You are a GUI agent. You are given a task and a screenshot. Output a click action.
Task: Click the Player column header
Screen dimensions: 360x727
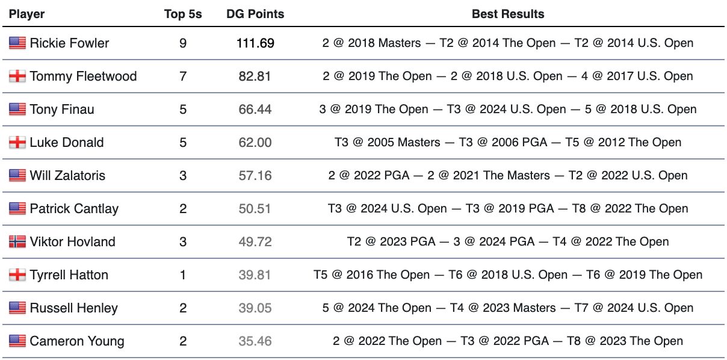[x=26, y=14]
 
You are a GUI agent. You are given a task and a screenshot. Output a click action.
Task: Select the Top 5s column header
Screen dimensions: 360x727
[x=183, y=14]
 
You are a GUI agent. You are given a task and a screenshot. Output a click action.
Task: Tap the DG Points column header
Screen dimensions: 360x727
[x=255, y=14]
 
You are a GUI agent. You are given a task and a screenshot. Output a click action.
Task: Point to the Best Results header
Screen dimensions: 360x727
[x=507, y=14]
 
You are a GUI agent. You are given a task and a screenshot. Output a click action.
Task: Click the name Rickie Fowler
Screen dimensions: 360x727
[x=69, y=43]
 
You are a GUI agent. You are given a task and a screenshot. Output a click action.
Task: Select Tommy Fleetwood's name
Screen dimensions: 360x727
[x=83, y=76]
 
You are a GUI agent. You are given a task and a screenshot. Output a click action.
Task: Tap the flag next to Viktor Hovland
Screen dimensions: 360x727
[x=17, y=241]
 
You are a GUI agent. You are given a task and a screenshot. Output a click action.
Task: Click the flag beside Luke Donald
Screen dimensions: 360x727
[x=17, y=142]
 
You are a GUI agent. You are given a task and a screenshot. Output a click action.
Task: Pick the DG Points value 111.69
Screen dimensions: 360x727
[x=255, y=43]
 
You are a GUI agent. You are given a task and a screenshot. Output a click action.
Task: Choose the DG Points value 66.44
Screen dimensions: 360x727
[x=255, y=109]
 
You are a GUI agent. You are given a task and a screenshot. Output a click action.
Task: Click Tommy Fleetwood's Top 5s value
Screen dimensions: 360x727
[x=183, y=76]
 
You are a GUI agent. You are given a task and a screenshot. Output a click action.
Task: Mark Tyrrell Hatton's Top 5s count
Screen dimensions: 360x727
[x=183, y=275]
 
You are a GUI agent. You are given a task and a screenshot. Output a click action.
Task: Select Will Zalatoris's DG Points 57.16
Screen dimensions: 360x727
[x=255, y=175]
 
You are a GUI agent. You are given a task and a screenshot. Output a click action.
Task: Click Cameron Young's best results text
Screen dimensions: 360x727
[x=507, y=341]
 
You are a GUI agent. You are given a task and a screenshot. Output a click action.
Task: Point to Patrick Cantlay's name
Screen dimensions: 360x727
[x=74, y=208]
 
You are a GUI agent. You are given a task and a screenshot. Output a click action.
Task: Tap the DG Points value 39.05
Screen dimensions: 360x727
[x=255, y=308]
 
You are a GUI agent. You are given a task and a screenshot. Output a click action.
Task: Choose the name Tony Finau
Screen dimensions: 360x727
[x=62, y=109]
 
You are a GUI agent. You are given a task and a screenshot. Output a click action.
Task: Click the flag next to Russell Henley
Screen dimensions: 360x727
[x=17, y=308]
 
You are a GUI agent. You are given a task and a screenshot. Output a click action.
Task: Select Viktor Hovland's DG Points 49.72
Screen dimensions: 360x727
[x=255, y=241]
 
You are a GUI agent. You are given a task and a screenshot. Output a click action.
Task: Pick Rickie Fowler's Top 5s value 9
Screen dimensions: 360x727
[x=183, y=43]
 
